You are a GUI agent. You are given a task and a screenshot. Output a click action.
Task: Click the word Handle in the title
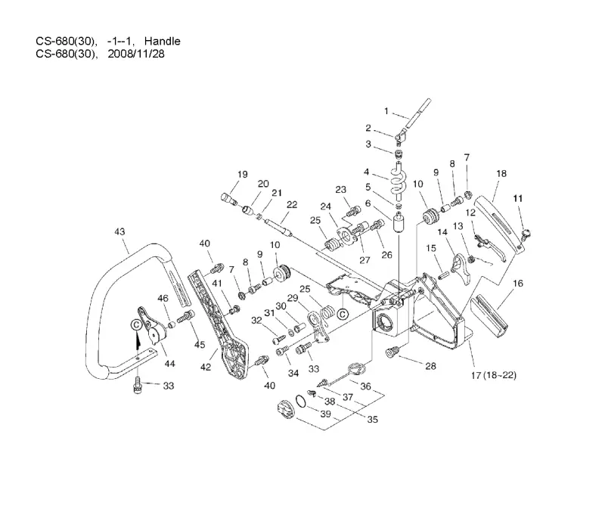[x=162, y=42]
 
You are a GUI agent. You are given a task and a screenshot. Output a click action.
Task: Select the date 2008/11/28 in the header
[x=136, y=54]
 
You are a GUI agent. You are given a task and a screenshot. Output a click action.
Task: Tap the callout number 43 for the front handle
[x=119, y=231]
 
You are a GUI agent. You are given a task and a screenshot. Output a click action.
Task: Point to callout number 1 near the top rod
[x=386, y=111]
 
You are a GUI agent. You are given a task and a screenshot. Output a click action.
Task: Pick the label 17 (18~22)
[x=494, y=375]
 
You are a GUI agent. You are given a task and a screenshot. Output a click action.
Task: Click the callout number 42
[x=206, y=367]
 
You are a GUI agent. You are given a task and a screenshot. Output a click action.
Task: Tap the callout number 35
[x=372, y=419]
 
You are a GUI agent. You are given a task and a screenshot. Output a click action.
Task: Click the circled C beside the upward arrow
[x=136, y=325]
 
